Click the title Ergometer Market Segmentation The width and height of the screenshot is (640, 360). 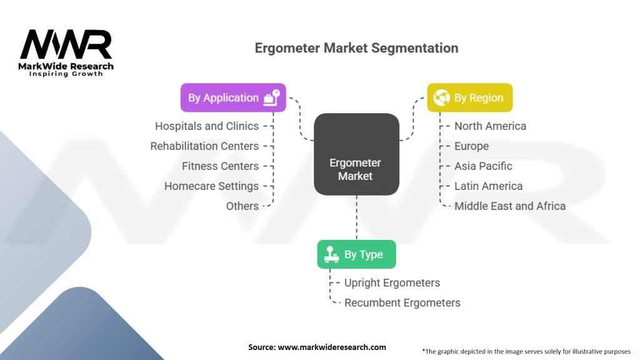click(356, 48)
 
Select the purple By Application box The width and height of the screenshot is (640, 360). click(233, 97)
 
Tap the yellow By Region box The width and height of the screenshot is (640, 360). click(469, 97)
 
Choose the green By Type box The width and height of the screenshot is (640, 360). click(356, 254)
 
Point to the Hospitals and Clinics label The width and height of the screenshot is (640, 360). click(207, 126)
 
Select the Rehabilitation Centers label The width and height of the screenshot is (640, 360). click(204, 146)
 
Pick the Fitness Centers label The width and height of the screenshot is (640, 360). click(220, 166)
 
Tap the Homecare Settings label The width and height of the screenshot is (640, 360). click(211, 186)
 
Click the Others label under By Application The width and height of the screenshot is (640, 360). click(242, 206)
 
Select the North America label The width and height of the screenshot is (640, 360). click(490, 126)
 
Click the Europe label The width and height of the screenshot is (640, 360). click(471, 146)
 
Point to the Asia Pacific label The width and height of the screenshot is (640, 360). click(483, 166)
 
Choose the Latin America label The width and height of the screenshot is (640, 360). click(488, 186)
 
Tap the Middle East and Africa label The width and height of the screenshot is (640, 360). click(509, 206)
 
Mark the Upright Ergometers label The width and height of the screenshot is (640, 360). click(392, 282)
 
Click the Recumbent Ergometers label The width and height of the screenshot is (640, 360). click(402, 302)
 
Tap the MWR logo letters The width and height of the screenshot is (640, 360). click(66, 45)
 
